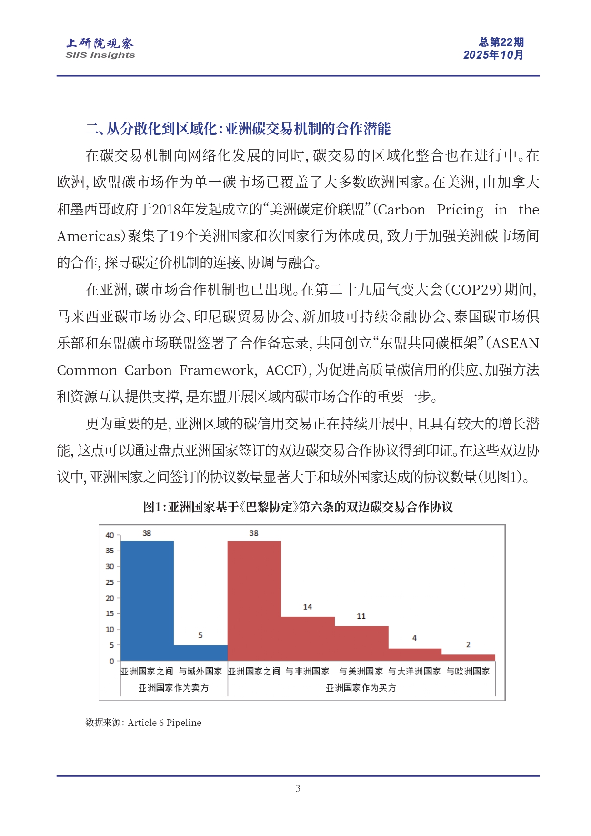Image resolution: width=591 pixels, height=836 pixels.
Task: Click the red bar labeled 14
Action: (308, 638)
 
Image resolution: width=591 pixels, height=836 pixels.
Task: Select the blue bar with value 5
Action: (200, 652)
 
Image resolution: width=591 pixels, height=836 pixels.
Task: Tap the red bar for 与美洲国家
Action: (361, 643)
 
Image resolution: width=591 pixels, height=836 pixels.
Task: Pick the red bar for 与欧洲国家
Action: (468, 658)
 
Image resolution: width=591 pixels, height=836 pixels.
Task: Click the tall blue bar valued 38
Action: (147, 601)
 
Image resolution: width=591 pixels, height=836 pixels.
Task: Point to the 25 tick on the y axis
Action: (110, 582)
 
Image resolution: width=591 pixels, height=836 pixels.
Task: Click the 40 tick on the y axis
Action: (110, 535)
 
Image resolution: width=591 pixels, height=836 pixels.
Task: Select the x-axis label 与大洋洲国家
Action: (414, 671)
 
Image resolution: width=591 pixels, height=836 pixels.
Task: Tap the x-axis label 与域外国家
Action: (200, 671)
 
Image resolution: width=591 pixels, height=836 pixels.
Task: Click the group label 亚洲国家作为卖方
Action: (173, 688)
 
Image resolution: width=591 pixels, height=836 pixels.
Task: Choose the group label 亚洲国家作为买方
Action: (361, 688)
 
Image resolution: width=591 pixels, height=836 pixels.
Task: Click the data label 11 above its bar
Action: (361, 616)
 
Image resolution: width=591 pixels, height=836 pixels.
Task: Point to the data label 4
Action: (414, 638)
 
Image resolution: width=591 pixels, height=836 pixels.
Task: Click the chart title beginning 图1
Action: (298, 507)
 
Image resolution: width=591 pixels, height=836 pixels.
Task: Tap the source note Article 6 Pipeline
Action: (164, 723)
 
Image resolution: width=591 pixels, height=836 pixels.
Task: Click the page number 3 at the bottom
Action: (298, 788)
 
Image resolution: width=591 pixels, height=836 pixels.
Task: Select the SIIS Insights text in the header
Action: (100, 55)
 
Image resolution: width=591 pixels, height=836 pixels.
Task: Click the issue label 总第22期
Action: (501, 42)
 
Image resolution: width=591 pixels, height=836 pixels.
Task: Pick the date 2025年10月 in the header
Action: (493, 55)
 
